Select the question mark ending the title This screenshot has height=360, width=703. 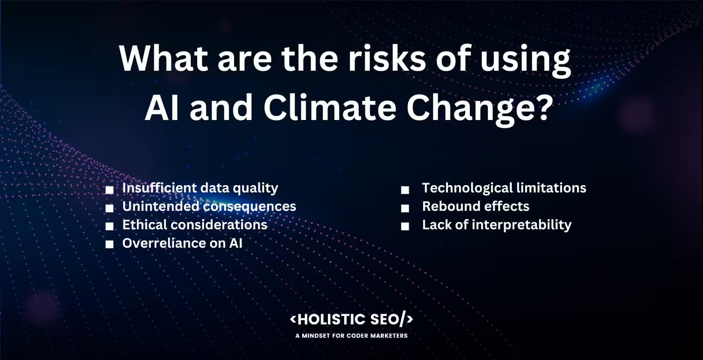(x=541, y=107)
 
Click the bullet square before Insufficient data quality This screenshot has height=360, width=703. (x=110, y=189)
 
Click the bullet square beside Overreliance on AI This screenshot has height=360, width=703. (x=110, y=244)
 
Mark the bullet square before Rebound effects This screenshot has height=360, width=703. (x=405, y=208)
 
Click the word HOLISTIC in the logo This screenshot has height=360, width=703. (x=331, y=320)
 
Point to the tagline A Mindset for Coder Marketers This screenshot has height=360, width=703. (x=351, y=336)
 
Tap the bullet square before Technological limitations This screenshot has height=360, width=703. (x=405, y=190)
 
